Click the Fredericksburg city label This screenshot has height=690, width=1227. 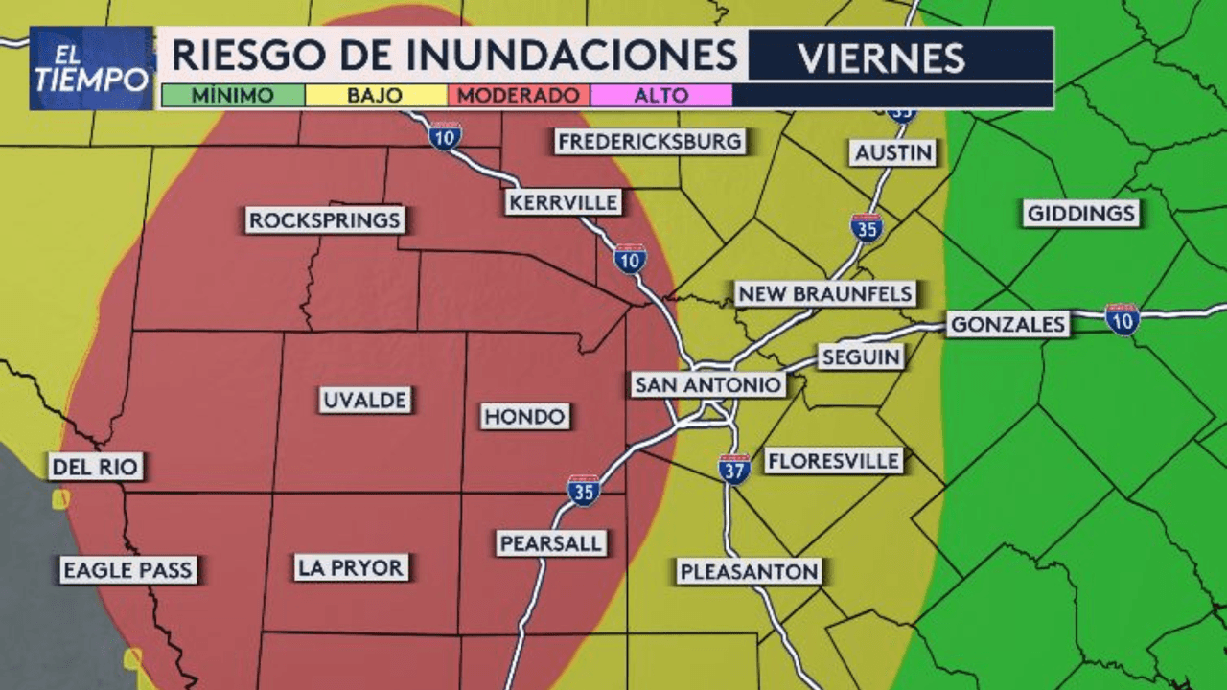tap(650, 142)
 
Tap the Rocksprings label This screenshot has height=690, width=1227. tap(324, 220)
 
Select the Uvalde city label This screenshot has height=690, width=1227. tap(364, 400)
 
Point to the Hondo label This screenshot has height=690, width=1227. tap(524, 416)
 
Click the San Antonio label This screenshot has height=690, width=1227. tap(707, 385)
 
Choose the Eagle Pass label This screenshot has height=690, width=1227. tap(127, 570)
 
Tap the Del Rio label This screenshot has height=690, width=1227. tap(96, 467)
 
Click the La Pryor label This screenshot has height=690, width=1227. tap(351, 567)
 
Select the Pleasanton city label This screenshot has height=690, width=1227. tap(750, 572)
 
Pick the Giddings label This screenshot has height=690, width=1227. tap(1081, 213)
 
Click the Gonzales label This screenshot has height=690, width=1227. tap(1007, 325)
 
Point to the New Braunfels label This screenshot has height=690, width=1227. tap(824, 293)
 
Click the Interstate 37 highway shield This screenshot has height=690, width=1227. tap(734, 469)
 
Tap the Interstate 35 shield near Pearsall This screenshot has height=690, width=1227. tap(583, 490)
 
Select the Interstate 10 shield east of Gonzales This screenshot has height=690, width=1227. tap(1122, 319)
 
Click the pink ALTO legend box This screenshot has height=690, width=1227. tap(661, 96)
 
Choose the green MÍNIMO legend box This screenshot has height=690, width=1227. tap(232, 96)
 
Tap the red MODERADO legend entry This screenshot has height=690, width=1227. tap(518, 96)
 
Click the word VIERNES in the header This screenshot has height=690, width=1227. tap(881, 58)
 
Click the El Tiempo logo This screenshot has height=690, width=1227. tap(92, 68)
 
